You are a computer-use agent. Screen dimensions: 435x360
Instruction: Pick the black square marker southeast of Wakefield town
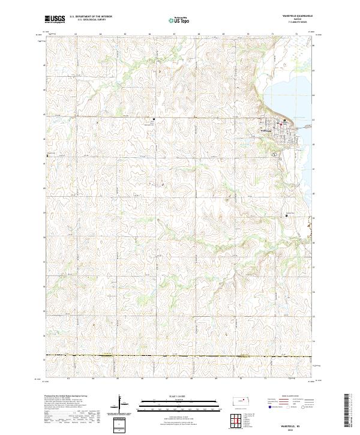click(286, 216)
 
